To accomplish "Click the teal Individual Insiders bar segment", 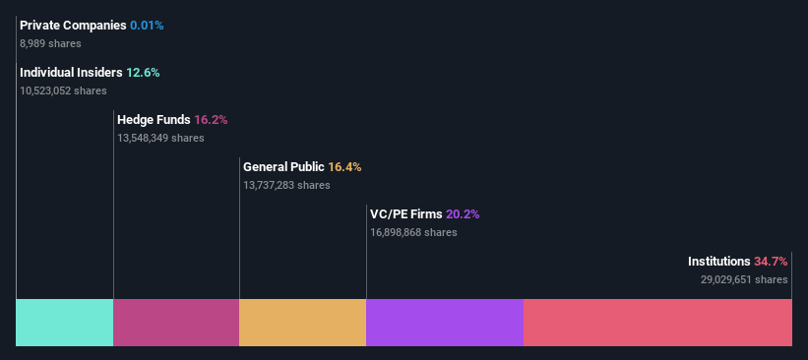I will tap(65, 323).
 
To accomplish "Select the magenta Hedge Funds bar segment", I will tap(176, 323).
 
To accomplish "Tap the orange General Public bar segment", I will tap(302, 323).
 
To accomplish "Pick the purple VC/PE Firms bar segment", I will tap(444, 323).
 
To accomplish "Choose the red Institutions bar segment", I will tap(657, 323).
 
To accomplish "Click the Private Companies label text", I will tap(73, 25).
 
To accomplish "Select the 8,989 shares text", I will tap(50, 43).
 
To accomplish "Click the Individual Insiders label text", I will tap(71, 73).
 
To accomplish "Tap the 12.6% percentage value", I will tap(143, 73).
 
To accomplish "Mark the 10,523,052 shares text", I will tap(63, 90).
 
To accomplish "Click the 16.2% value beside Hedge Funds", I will tap(211, 120).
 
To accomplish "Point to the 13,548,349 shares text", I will tap(160, 138).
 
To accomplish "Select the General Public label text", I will tap(283, 167).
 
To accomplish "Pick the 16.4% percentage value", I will tap(344, 167).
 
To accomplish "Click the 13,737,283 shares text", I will tap(286, 185).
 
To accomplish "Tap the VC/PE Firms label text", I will tap(405, 214).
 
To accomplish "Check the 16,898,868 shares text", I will tap(413, 232).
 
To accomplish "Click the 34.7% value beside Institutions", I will tap(771, 262).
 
